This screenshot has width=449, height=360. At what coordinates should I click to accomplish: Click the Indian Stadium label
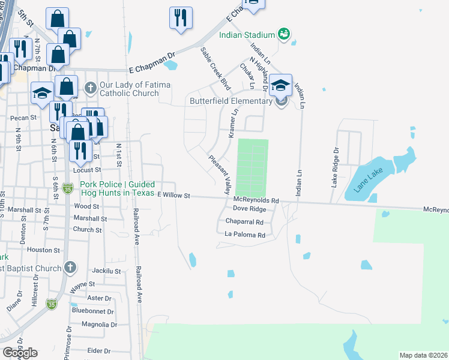[x=244, y=34]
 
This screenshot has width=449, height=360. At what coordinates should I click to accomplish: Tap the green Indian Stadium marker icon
[x=284, y=34]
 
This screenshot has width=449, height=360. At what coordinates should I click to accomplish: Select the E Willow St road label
[x=173, y=196]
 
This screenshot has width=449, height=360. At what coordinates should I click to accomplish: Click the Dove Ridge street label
[x=249, y=209]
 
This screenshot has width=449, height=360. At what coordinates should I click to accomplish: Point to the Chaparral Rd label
[x=244, y=221]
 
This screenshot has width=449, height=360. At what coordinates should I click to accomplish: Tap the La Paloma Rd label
[x=245, y=235]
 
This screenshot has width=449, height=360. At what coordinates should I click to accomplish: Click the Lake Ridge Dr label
[x=336, y=167]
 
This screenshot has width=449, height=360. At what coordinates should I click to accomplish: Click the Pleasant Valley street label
[x=220, y=174]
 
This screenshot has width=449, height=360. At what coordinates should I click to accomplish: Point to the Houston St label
[x=44, y=250]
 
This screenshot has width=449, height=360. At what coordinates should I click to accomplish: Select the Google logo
[x=20, y=353]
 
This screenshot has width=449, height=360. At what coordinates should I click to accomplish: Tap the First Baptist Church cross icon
[x=70, y=268]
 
